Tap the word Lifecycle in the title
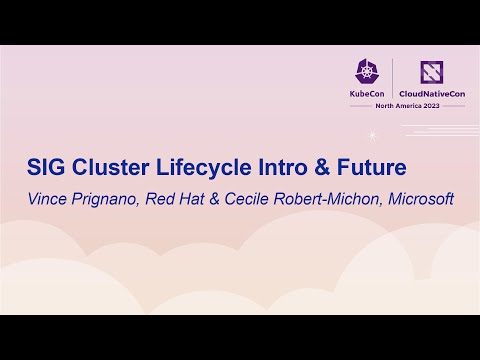199,165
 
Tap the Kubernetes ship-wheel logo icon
367,71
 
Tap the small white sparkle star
372,134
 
